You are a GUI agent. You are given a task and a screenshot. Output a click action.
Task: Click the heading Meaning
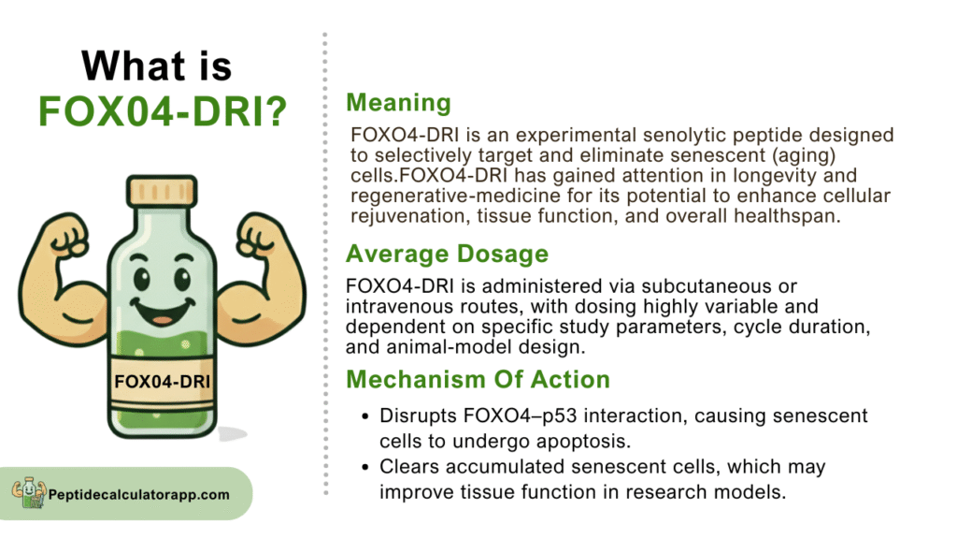[x=398, y=103]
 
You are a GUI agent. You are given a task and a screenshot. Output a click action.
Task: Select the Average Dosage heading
[x=448, y=254]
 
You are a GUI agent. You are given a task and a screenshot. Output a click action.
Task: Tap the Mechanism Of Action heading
[x=478, y=380]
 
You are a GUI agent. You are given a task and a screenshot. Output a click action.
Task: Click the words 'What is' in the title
[x=157, y=66]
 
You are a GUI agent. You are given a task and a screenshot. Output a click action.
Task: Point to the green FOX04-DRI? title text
[x=163, y=111]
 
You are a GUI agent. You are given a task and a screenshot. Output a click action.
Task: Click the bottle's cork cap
[x=162, y=191]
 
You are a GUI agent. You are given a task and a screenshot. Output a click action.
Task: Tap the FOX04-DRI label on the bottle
[x=163, y=382]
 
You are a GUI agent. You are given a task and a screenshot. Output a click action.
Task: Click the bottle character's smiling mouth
[x=163, y=311]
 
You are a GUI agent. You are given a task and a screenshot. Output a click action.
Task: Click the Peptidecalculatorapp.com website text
[x=139, y=494]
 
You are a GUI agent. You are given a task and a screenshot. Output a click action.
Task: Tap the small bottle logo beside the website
[x=29, y=492]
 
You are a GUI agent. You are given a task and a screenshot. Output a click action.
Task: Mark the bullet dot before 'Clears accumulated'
[x=365, y=468]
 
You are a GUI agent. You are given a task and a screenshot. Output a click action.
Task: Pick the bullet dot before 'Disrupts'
[x=365, y=416]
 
